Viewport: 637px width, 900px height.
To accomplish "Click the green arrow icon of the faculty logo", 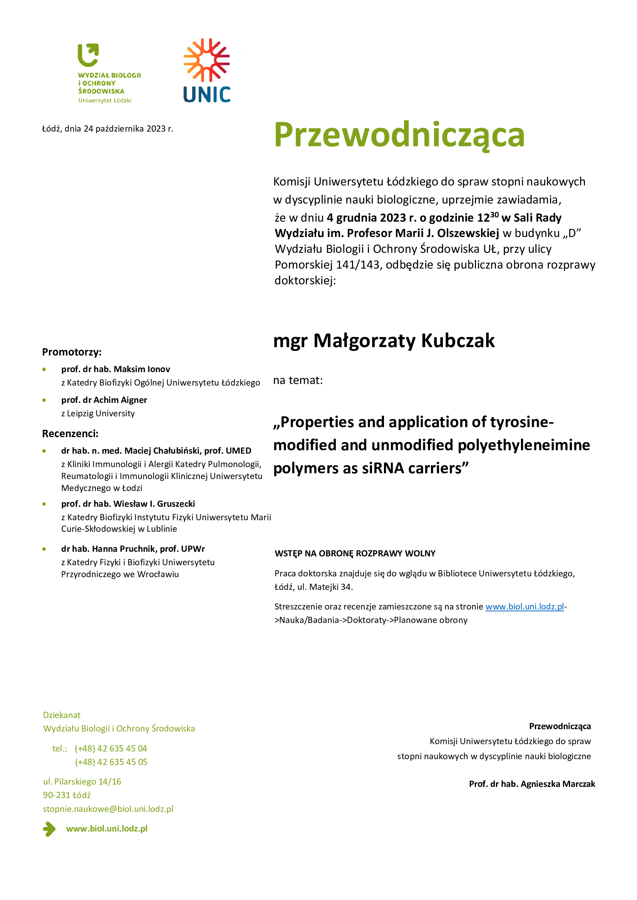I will pos(88,55).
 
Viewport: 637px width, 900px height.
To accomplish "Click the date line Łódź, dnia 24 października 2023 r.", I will pos(107,129).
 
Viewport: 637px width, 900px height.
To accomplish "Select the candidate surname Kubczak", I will pos(458,340).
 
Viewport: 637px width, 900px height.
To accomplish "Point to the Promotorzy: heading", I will pos(72,352).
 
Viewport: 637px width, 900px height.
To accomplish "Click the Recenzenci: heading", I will pos(70,434).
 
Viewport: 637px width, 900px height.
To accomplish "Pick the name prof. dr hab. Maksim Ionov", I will pos(116,369).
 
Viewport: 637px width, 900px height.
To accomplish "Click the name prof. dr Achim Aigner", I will pos(104,400).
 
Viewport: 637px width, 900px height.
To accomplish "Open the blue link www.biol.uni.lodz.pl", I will pos(525,606).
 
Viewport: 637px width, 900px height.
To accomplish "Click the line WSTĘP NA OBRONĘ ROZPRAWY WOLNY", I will pos(355,553).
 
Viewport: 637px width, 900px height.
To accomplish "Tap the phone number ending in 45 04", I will pos(111,748).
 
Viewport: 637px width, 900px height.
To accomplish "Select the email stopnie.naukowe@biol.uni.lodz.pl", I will pos(108,809).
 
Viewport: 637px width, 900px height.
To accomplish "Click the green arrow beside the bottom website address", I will pos(49,829).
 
